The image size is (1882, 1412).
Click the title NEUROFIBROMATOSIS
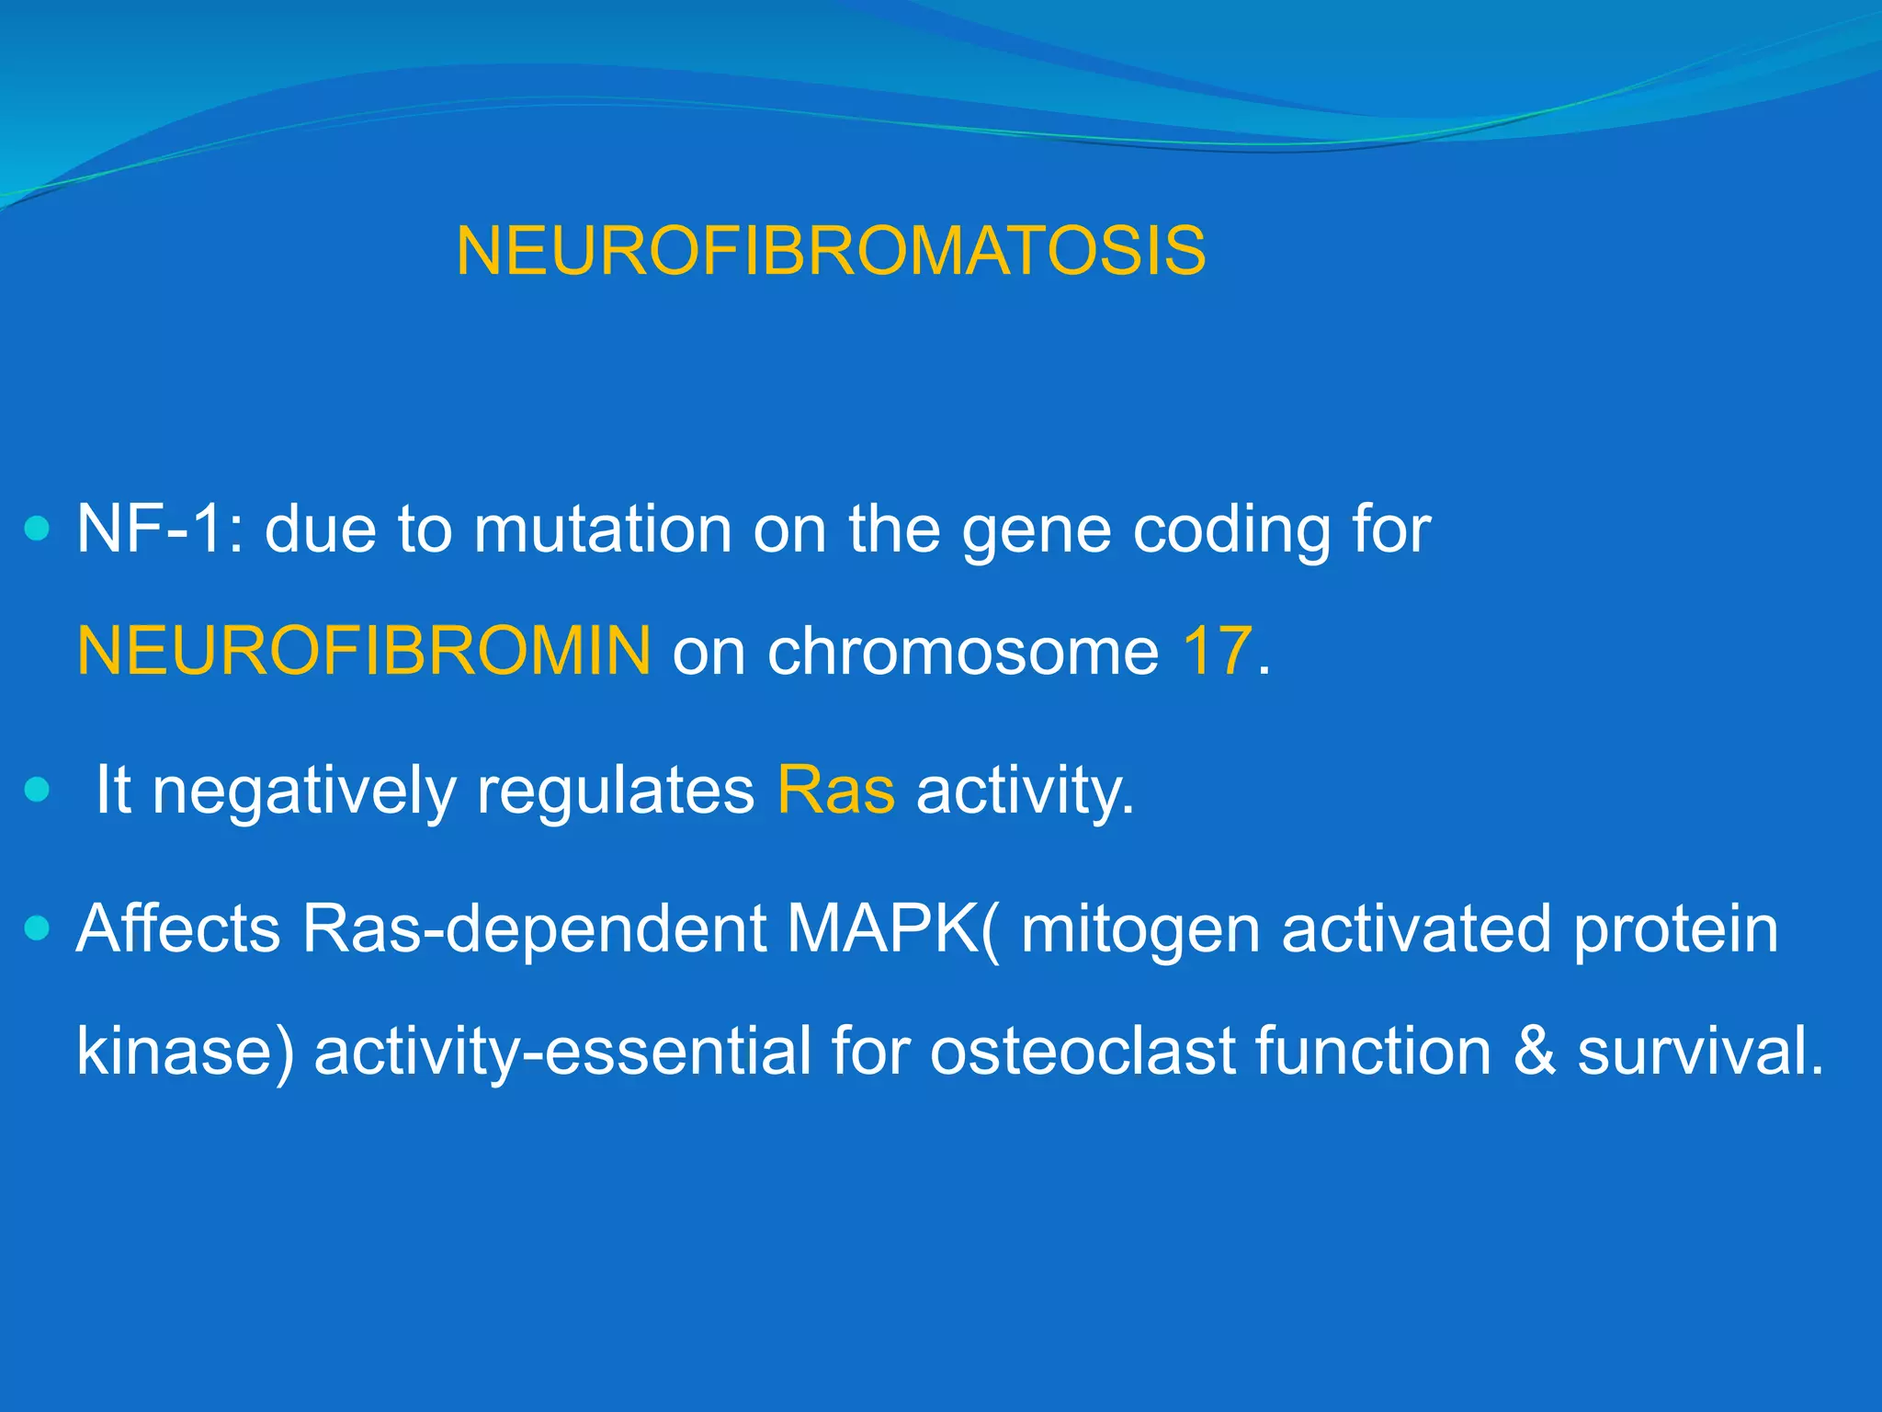click(x=831, y=251)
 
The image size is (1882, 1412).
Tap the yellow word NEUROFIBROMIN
click(x=364, y=651)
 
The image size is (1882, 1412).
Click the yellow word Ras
click(x=835, y=790)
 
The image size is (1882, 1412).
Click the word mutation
click(x=603, y=529)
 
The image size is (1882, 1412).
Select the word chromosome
click(x=963, y=651)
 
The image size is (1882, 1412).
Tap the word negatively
click(x=303, y=791)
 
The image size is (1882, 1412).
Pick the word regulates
click(x=615, y=791)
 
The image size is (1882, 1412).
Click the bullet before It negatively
click(x=37, y=790)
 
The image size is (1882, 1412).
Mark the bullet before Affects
click(x=37, y=928)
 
